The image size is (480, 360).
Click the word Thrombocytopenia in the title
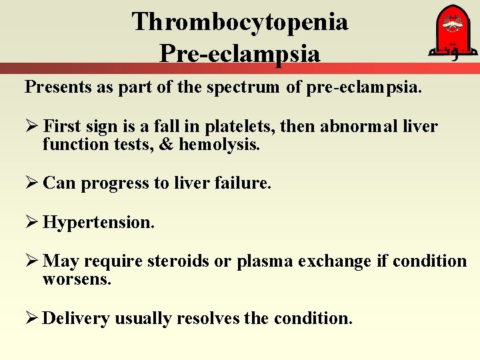pyautogui.click(x=240, y=22)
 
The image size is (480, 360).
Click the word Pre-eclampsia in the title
pyautogui.click(x=240, y=53)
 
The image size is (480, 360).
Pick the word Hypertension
pyautogui.click(x=98, y=222)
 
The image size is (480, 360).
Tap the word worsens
pyautogui.click(x=76, y=279)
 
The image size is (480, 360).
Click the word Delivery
pyautogui.click(x=75, y=318)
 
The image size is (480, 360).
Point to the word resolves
pyautogui.click(x=207, y=318)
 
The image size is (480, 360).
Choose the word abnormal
pyautogui.click(x=354, y=127)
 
